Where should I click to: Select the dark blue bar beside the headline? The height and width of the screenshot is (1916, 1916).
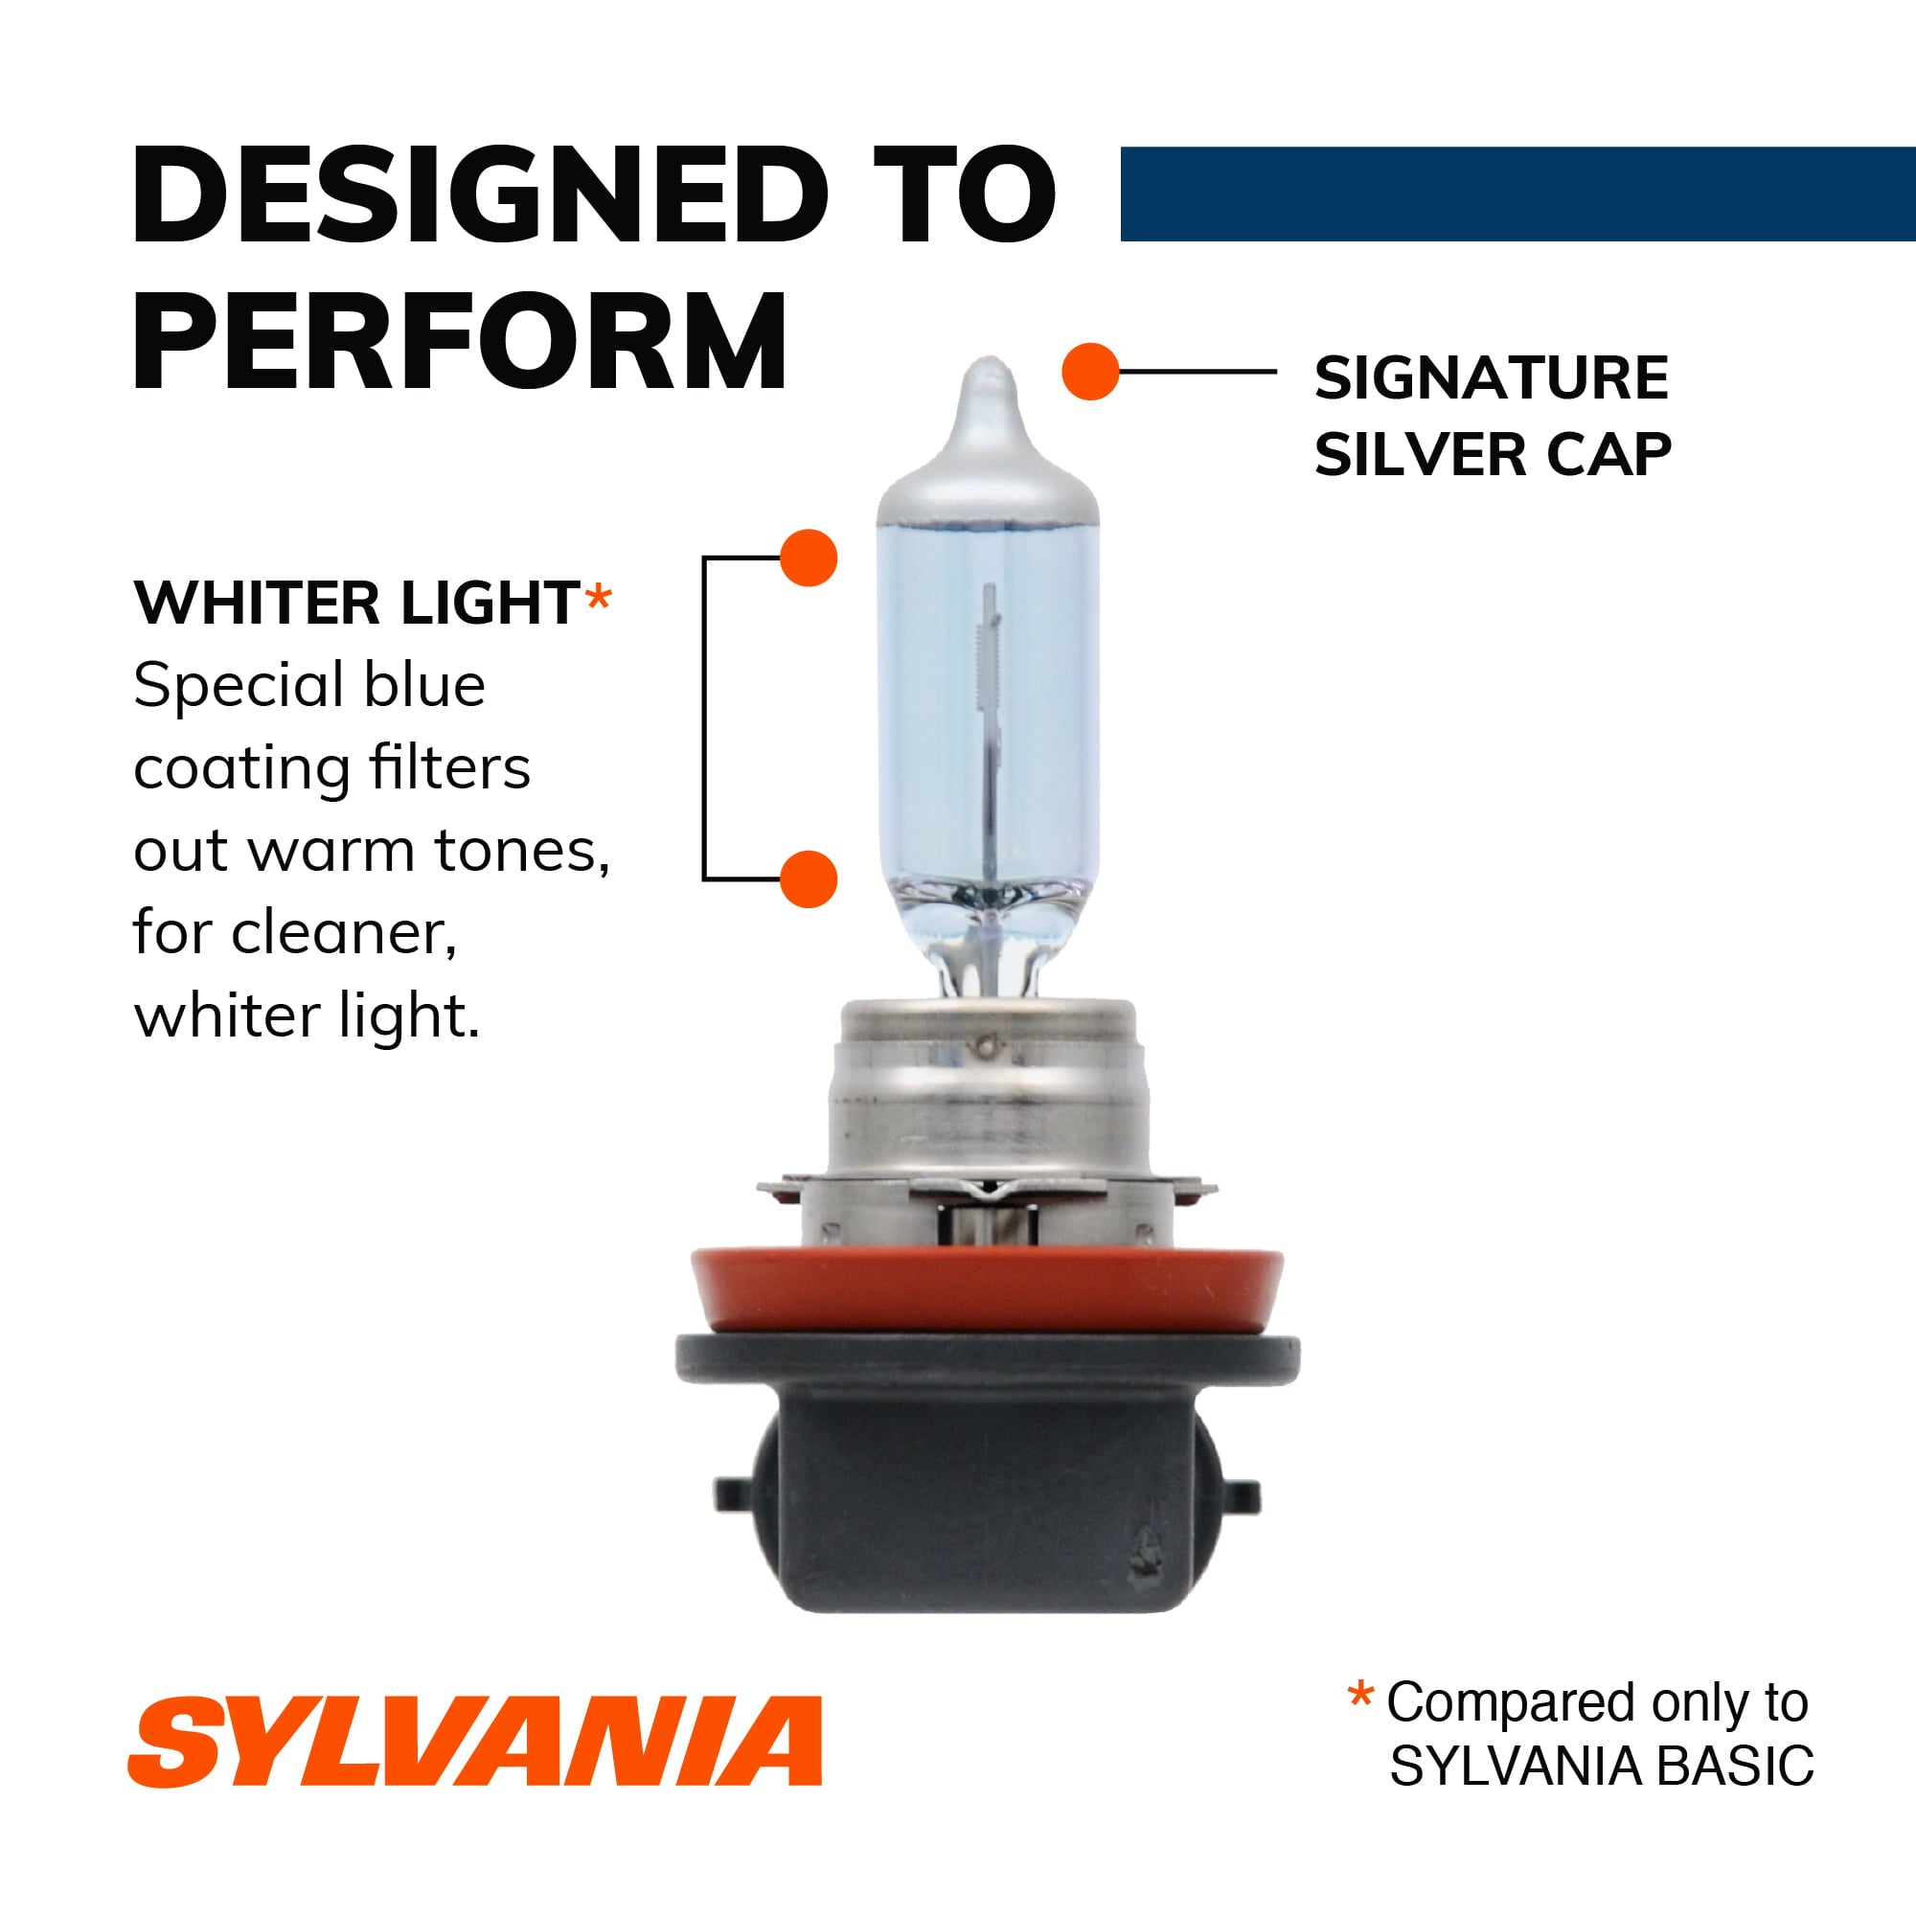1517,194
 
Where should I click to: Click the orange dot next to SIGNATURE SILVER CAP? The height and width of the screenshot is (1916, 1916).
1090,372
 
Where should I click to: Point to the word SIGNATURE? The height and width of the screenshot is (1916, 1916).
1492,378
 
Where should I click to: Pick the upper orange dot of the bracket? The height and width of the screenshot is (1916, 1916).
809,558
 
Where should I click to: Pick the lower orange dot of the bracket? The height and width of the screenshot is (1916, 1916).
809,878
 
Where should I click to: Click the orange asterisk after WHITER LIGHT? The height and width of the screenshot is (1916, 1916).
598,599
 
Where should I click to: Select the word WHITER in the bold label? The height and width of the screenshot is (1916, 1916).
256,603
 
